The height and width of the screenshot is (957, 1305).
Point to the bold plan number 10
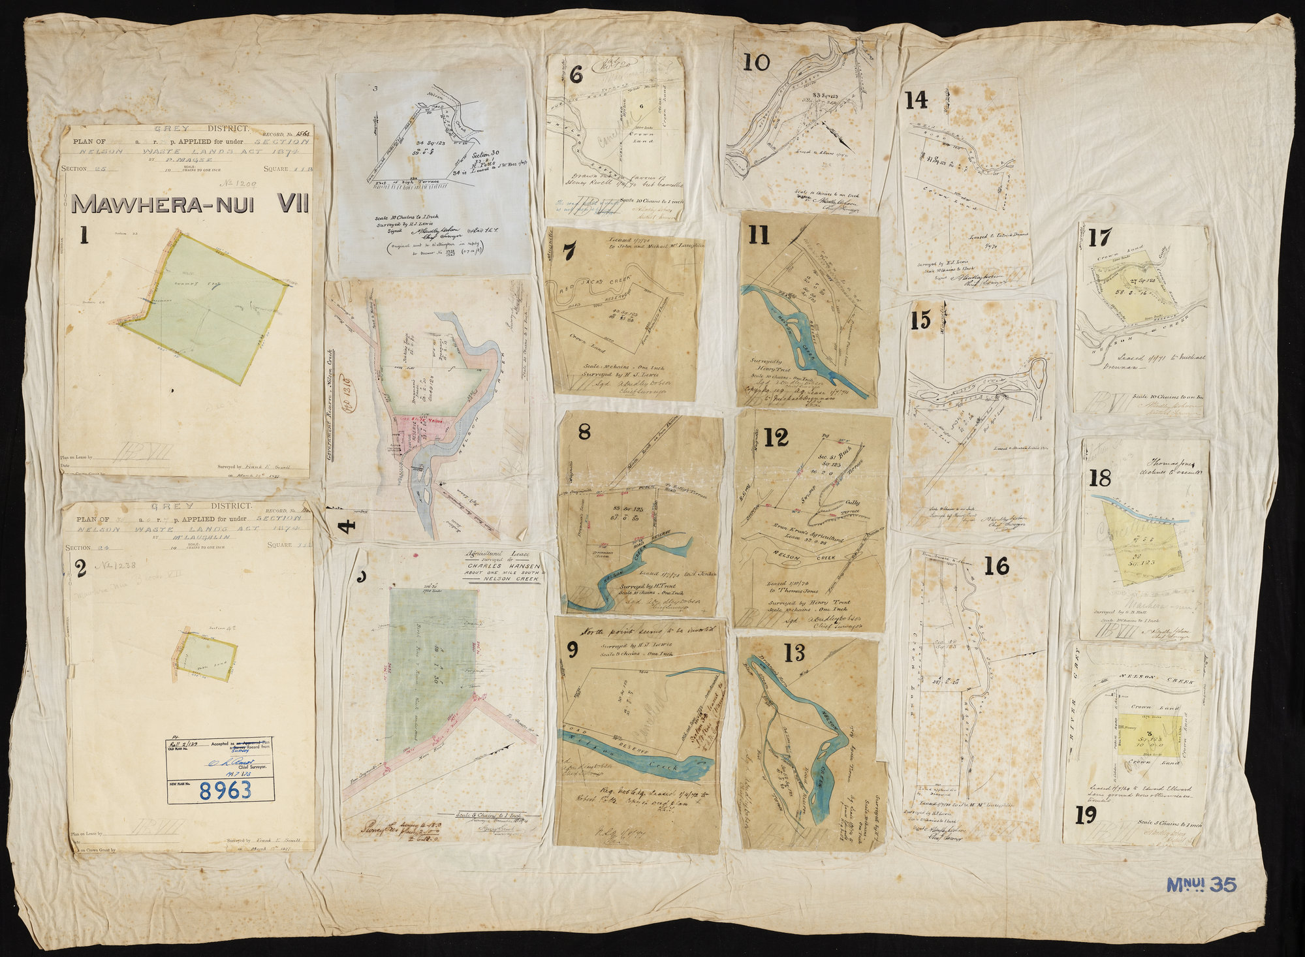point(757,63)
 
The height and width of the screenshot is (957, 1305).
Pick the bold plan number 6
point(576,75)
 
